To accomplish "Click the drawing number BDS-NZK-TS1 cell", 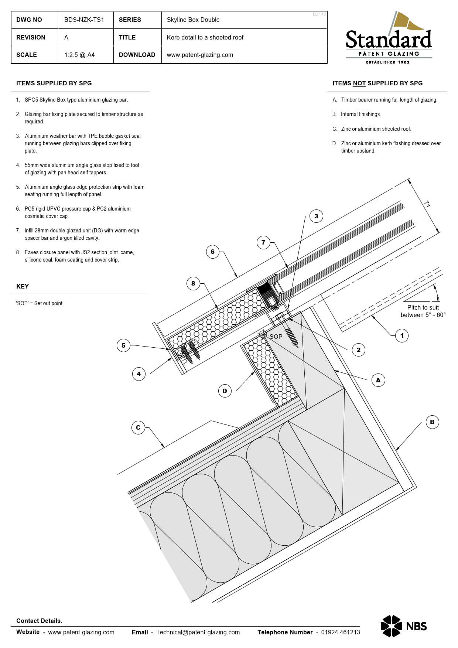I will point(84,20).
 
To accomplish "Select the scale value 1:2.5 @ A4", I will point(79,55).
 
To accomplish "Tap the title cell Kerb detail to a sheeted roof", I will point(205,37).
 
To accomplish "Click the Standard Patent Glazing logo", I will point(389,38).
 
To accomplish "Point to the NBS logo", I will point(404,626).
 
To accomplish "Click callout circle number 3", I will point(316,216).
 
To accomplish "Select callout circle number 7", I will point(263,243).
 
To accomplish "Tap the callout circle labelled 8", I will point(193,283).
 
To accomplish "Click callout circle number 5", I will point(123,345).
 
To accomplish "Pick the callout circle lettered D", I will point(225,391).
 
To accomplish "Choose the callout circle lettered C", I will point(138,427).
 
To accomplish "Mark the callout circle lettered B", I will point(432,422).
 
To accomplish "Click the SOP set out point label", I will point(276,337).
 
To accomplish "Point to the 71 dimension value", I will point(427,204).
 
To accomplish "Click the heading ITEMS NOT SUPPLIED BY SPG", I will point(377,83).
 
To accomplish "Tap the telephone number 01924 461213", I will point(340,632).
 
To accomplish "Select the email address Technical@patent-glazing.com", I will point(198,632).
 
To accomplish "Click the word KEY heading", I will point(23,286).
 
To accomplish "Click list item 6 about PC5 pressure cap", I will point(78,212).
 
